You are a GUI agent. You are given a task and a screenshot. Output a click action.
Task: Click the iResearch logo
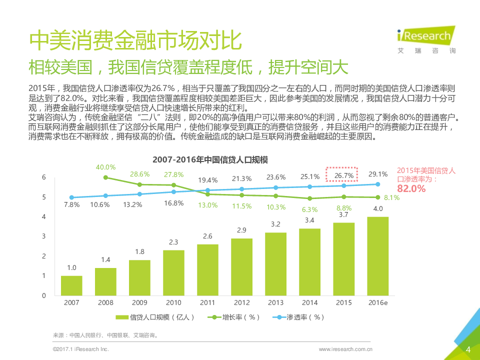coord(424,39)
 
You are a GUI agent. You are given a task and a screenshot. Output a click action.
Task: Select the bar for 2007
coord(71,285)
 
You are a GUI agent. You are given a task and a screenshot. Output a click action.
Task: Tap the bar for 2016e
coord(378,256)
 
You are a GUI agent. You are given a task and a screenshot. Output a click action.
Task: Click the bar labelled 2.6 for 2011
coord(207,270)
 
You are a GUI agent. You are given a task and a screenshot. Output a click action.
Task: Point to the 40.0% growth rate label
coord(105,167)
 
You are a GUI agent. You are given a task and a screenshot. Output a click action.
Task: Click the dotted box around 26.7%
coord(344,175)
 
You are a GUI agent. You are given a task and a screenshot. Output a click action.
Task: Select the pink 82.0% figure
coord(411,188)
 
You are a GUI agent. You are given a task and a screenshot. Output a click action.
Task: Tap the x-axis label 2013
coord(275,302)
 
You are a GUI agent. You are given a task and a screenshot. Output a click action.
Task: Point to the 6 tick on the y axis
coord(44,177)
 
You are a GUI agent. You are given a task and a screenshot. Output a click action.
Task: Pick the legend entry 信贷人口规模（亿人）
coord(155,317)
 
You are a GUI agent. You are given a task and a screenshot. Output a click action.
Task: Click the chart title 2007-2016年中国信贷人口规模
coord(210,159)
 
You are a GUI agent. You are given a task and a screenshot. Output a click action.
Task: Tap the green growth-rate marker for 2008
coord(105,177)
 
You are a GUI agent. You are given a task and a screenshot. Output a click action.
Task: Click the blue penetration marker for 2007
coord(71,197)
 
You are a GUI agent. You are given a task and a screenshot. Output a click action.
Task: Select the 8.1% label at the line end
coord(391,197)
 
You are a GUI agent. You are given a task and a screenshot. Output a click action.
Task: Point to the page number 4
coord(468,348)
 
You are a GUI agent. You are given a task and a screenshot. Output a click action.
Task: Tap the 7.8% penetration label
coord(71,205)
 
